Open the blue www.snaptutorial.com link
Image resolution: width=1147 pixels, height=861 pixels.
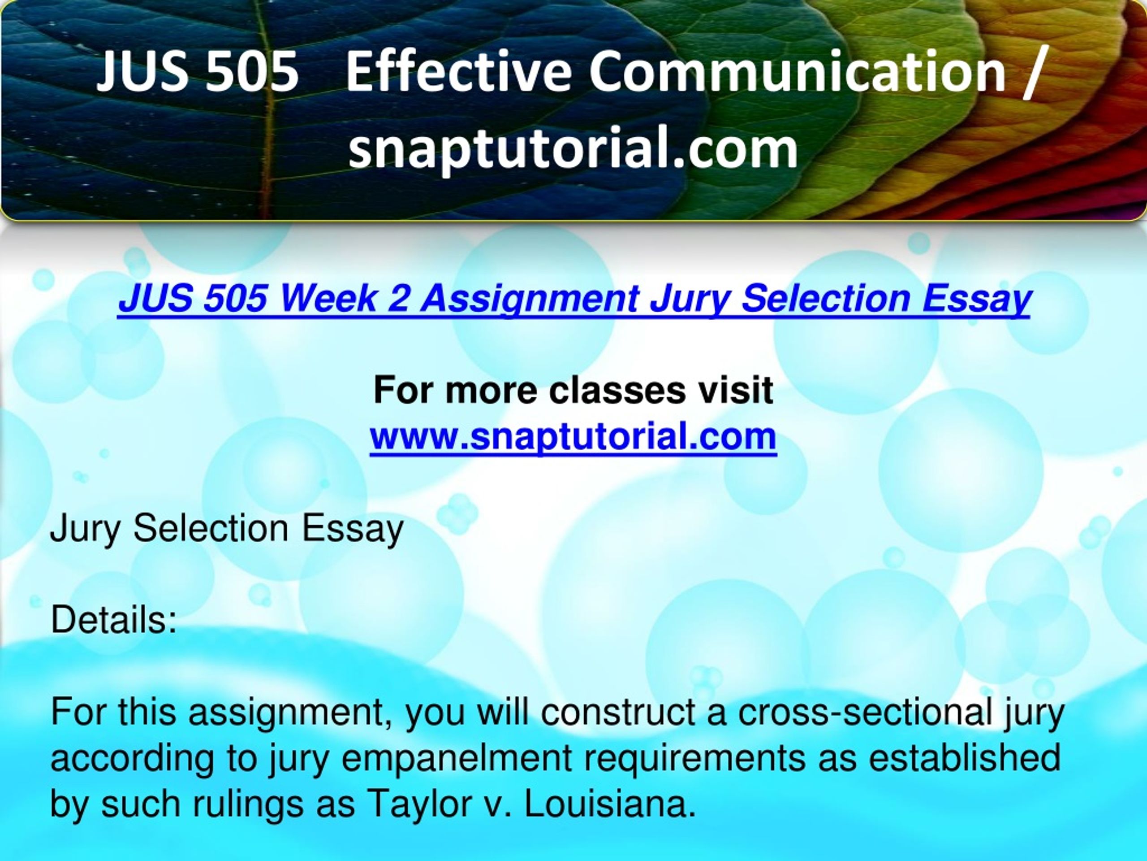tap(573, 436)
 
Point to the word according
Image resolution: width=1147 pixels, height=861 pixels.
tap(132, 759)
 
